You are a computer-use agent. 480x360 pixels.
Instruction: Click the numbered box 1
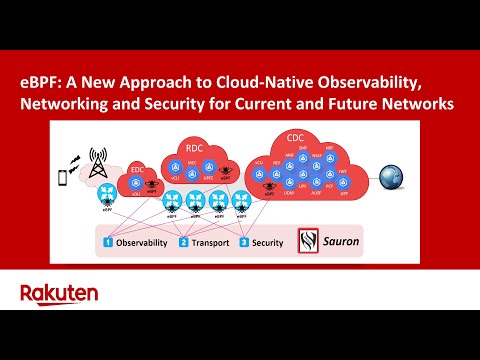click(107, 243)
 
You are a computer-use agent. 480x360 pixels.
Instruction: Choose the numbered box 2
click(184, 243)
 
